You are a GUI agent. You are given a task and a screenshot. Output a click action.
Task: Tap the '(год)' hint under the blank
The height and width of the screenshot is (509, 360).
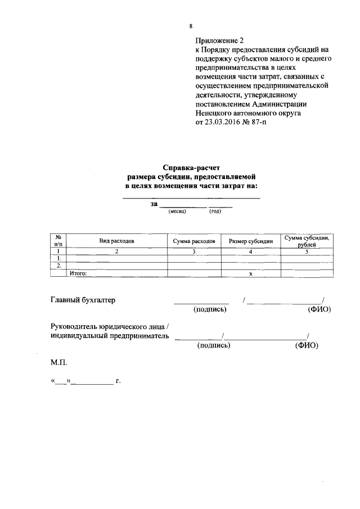click(215, 211)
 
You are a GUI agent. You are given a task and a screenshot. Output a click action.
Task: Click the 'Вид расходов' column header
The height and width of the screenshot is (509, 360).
click(117, 241)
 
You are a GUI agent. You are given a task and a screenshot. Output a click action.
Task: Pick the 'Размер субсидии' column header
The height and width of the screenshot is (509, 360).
click(251, 241)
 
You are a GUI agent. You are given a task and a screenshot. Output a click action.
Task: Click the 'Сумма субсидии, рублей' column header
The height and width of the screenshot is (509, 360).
click(307, 241)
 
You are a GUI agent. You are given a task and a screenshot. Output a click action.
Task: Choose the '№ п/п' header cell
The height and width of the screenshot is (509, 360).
click(58, 241)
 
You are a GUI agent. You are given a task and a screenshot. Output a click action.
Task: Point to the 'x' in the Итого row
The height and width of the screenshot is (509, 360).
click(251, 273)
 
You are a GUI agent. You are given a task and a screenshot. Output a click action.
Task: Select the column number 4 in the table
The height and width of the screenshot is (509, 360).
click(251, 251)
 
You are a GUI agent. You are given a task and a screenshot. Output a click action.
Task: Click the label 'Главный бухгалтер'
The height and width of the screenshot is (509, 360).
click(83, 300)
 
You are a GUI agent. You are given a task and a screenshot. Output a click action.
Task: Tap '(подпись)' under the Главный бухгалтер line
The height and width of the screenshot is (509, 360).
click(210, 309)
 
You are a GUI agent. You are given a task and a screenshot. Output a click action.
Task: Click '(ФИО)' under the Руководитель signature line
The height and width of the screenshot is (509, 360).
click(307, 346)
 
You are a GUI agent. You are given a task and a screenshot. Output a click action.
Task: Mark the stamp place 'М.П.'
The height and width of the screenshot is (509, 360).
click(58, 364)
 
